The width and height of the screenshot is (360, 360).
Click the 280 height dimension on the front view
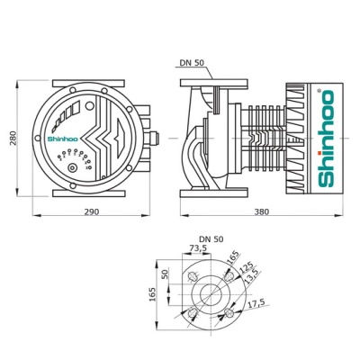[x=12, y=138]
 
